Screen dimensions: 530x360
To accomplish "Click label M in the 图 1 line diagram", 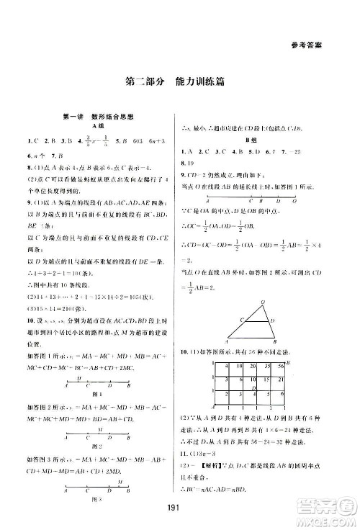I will (88, 377).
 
